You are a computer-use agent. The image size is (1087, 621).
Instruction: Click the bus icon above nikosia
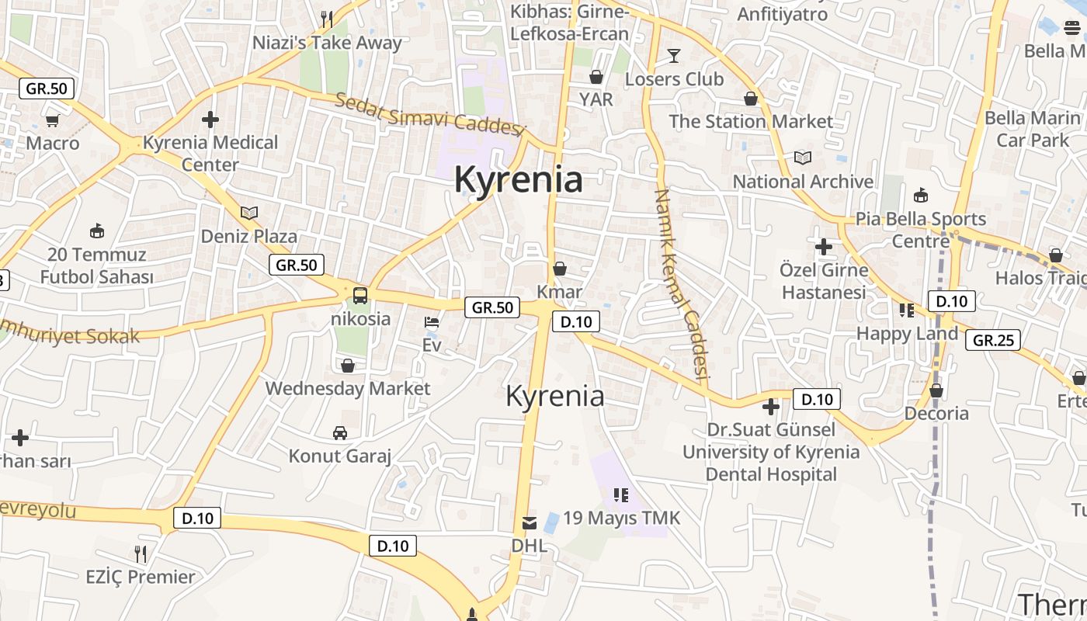[x=360, y=295]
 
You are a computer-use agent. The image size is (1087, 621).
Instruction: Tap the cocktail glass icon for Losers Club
[x=674, y=55]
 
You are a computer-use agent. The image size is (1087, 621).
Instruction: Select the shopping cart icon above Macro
[x=52, y=120]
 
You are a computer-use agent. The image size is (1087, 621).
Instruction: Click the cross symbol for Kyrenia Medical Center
[x=210, y=120]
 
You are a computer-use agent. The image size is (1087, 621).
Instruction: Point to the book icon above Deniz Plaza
[x=248, y=213]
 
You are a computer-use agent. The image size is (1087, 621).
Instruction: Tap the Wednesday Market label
[x=347, y=388]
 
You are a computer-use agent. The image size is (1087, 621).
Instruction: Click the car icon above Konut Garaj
[x=340, y=432]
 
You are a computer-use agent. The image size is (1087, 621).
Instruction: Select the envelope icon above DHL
[x=530, y=522]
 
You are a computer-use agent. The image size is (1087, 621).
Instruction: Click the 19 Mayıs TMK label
[x=621, y=518]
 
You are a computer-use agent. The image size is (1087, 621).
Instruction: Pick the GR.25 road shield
[x=993, y=339]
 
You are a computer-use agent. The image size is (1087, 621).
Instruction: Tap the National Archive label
[x=803, y=182]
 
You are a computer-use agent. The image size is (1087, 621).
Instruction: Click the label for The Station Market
[x=751, y=122]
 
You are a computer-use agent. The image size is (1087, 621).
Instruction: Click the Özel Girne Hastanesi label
[x=823, y=281]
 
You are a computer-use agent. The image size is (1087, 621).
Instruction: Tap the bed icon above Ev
[x=432, y=322]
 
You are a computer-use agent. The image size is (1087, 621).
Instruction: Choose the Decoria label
[x=936, y=413]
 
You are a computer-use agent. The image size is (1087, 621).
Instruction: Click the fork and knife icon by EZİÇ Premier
[x=141, y=554]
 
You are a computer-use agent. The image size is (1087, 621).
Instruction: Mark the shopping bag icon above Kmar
[x=560, y=269]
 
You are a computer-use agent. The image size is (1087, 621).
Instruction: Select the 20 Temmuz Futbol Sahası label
[x=97, y=265]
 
